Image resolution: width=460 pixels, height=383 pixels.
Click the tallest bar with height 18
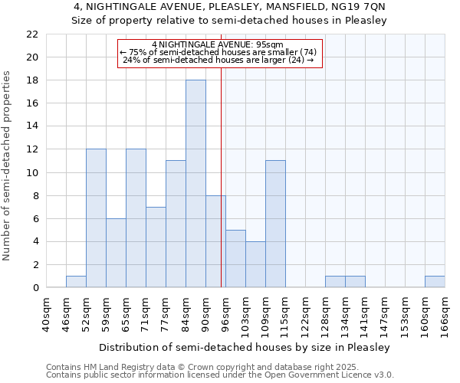(195, 184)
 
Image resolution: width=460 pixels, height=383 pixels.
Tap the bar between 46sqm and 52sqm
(76, 282)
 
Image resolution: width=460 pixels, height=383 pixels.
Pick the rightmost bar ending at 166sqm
(435, 282)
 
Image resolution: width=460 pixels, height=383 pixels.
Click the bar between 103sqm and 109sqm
(255, 264)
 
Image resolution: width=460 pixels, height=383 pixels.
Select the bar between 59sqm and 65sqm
(116, 253)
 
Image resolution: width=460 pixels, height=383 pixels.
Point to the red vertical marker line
(221, 153)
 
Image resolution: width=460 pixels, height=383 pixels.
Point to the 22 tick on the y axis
(32, 34)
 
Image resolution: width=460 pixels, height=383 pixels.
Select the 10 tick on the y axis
(32, 172)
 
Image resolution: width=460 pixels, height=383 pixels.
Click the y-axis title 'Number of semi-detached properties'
(8, 165)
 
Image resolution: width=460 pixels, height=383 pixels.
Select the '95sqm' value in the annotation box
(271, 44)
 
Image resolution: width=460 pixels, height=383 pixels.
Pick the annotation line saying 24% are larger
(218, 60)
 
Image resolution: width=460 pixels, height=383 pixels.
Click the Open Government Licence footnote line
(220, 375)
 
